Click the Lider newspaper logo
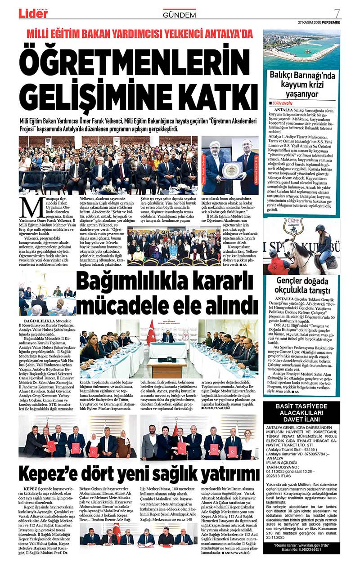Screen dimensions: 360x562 [x=33, y=13]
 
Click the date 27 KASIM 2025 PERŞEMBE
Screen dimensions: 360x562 [x=319, y=22]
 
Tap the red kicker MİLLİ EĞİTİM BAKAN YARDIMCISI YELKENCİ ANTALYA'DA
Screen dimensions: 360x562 [x=139, y=34]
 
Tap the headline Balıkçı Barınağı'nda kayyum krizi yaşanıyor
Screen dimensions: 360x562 [x=302, y=85]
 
